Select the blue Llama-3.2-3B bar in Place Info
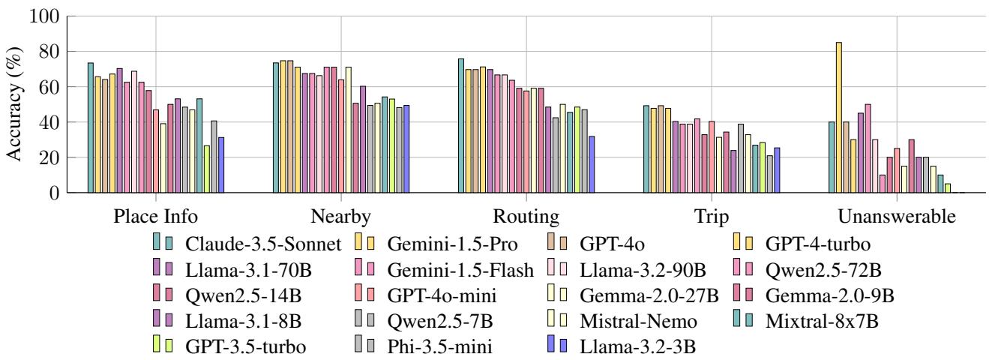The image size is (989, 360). coord(220,165)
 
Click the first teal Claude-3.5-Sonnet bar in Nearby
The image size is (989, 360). coord(276,127)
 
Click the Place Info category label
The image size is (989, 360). coord(156,217)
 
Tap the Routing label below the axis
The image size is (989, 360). coord(526,217)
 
